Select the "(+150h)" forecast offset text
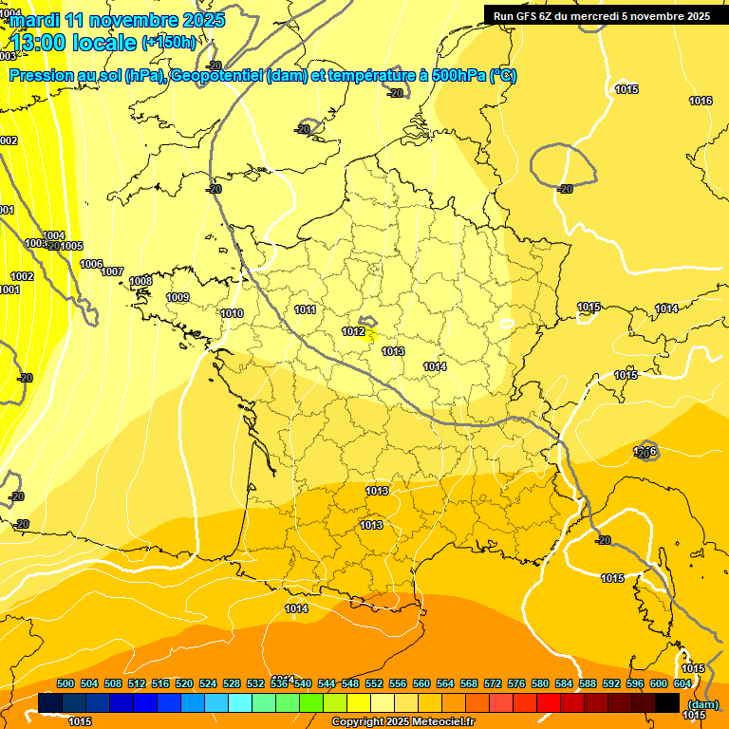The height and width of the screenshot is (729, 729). pos(170,42)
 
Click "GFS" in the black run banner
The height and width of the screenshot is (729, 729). pos(529,16)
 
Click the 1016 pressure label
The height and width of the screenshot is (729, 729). pos(701,101)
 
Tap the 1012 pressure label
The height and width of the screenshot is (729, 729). pos(353,331)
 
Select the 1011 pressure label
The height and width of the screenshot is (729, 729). pos(305,309)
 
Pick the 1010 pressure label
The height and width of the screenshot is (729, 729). pos(232,313)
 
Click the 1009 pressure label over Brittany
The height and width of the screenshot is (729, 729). pos(178,297)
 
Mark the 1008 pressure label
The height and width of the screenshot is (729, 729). pos(140,281)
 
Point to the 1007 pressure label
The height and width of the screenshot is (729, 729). pos(112,271)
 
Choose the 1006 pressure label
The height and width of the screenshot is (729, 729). pos(91,264)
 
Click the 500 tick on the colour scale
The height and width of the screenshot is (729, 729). pos(65,683)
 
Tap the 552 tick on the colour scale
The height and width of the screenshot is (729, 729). pos(374,683)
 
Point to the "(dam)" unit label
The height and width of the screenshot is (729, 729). pos(701,704)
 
